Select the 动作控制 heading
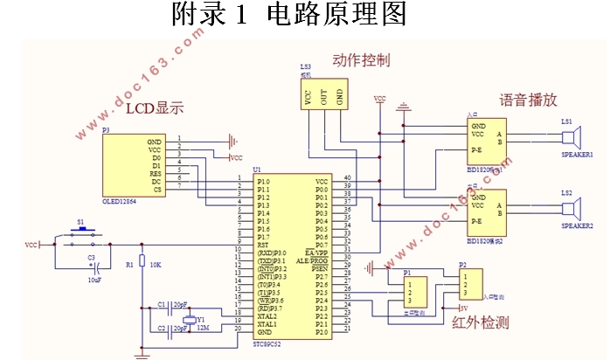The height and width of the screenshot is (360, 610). coord(361,60)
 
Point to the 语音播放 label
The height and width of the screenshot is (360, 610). coord(528,100)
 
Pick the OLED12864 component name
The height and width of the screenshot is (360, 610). coord(121,200)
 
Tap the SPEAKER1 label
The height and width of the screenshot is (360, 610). coord(576,156)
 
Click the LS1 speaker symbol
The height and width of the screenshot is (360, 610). coord(572,138)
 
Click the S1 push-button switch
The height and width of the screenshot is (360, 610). coord(80,234)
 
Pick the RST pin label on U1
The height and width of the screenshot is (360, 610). coord(262,246)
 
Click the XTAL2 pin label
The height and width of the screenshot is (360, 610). coord(267,316)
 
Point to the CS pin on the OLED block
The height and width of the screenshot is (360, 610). coord(156,189)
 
